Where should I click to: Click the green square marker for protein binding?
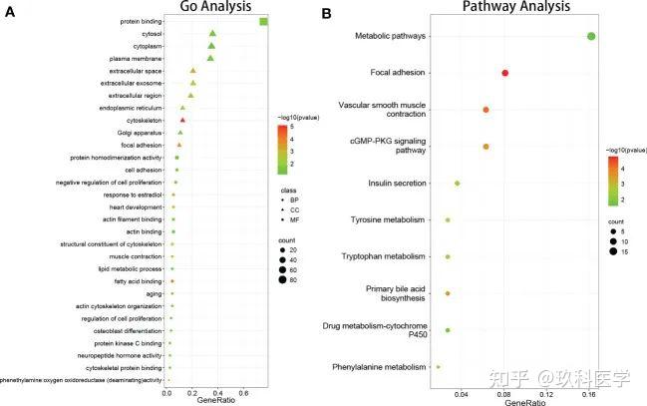pyautogui.click(x=263, y=22)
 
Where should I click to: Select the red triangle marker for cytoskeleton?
pyautogui.click(x=182, y=120)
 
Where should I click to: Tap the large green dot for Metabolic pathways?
pyautogui.click(x=591, y=37)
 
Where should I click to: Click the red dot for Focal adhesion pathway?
pyautogui.click(x=505, y=73)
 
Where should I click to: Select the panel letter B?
pyautogui.click(x=327, y=14)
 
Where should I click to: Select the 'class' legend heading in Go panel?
pyautogui.click(x=287, y=190)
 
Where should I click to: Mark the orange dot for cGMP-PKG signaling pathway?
pyautogui.click(x=485, y=147)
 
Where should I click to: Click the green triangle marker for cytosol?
pyautogui.click(x=212, y=34)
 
